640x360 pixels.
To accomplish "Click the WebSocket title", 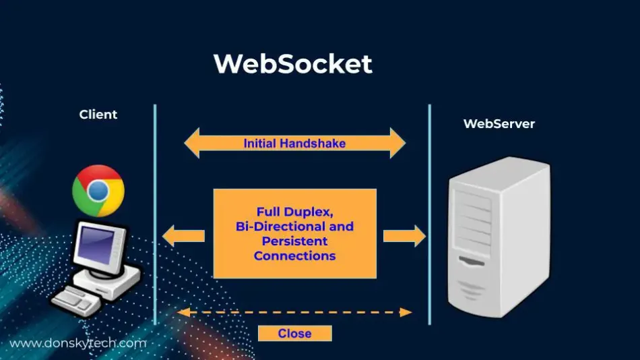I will pyautogui.click(x=292, y=64).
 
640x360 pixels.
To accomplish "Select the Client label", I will pyautogui.click(x=98, y=115).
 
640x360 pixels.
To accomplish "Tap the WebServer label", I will pyautogui.click(x=499, y=124).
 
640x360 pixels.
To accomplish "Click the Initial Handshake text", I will pyautogui.click(x=294, y=144).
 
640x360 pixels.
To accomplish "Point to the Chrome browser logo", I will pyautogui.click(x=98, y=191).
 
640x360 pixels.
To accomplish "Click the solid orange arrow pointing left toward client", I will pyautogui.click(x=183, y=236).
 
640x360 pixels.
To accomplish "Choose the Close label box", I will pyautogui.click(x=294, y=334).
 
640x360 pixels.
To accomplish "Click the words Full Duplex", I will pyautogui.click(x=294, y=211).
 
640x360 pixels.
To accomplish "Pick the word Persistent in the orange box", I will pyautogui.click(x=294, y=241).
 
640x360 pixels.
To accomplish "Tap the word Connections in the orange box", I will pyautogui.click(x=294, y=256).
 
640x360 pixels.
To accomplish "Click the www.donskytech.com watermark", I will pyautogui.click(x=77, y=343).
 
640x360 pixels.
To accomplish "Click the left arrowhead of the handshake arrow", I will pyautogui.click(x=191, y=144).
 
